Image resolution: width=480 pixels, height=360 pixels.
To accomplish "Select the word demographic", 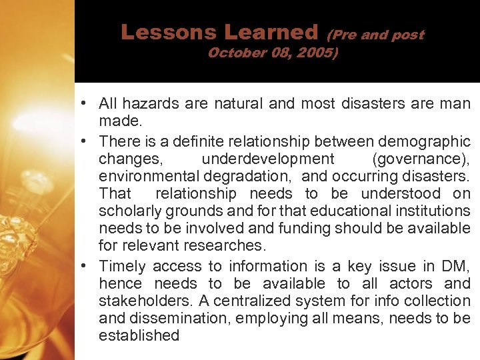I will (x=424, y=141).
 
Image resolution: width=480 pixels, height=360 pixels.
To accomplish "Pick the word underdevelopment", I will (x=268, y=159).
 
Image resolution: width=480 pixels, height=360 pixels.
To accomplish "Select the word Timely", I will (x=122, y=267).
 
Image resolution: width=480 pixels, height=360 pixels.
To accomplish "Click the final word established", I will (x=139, y=336).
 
